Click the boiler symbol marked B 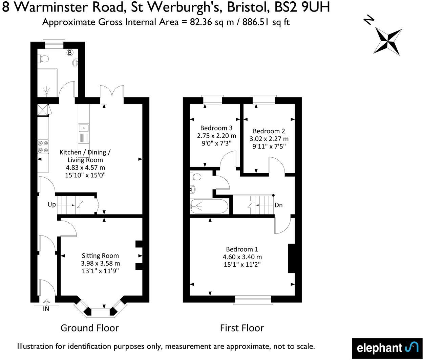coord(70,52)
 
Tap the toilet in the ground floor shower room coord(43,59)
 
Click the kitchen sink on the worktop coord(83,128)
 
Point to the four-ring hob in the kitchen coord(43,147)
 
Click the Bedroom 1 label coord(242,249)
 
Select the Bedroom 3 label coord(216,128)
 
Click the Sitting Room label coord(100,256)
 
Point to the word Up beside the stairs coord(51,204)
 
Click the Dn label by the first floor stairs coord(278,205)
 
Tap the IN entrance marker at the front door coord(46,308)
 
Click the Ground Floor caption coord(89,328)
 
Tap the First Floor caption coord(242,328)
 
